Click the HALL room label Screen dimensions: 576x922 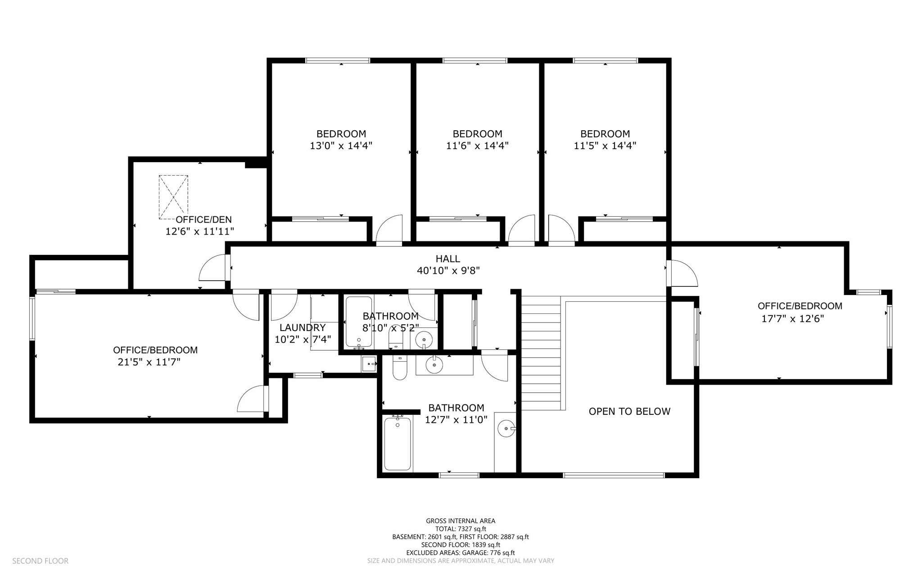(x=447, y=259)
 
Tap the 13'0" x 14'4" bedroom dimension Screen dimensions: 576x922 (x=341, y=146)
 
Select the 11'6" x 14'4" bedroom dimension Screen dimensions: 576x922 (x=477, y=146)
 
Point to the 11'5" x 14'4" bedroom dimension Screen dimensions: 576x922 (x=605, y=146)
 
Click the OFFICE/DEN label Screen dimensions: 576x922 (x=203, y=220)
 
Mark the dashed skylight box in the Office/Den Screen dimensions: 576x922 (x=173, y=197)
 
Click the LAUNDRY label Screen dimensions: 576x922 (x=302, y=328)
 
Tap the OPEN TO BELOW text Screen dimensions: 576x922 (x=629, y=411)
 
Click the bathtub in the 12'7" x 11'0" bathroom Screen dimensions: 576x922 (x=398, y=444)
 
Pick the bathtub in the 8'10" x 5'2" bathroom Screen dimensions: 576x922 (x=359, y=322)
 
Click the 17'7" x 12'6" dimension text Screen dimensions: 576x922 (x=792, y=319)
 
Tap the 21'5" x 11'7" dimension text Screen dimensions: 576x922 (x=149, y=362)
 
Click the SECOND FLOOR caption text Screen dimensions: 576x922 (x=40, y=561)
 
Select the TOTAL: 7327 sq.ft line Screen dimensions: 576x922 (x=461, y=529)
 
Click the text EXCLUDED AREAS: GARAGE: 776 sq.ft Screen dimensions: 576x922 (x=461, y=553)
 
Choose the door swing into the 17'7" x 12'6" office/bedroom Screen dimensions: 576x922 (x=683, y=273)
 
